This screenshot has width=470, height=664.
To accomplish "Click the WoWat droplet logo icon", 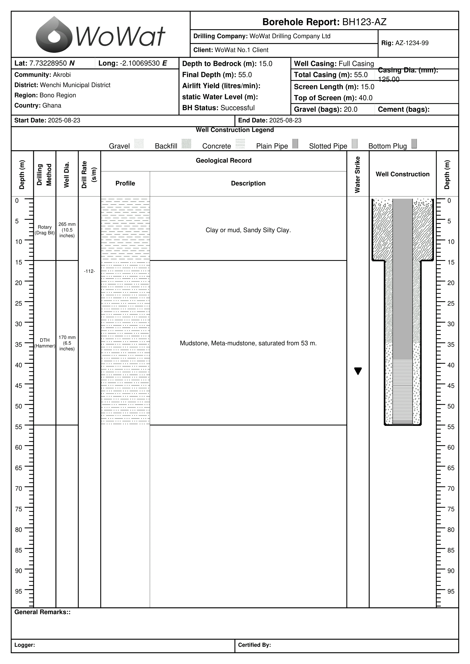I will tap(54, 35).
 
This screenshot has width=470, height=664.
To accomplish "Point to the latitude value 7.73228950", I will tap(48, 63).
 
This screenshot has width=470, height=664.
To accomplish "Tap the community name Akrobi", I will tap(62, 75).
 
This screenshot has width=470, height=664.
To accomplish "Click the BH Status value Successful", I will tap(237, 108).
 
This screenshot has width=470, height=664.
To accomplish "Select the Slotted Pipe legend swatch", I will tap(355, 143).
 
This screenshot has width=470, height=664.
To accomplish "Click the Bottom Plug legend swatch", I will tap(414, 143).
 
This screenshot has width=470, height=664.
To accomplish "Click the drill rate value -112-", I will tap(90, 271).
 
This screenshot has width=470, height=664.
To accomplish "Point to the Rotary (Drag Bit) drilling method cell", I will tap(45, 230).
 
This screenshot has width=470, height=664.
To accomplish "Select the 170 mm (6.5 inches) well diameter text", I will tap(67, 343).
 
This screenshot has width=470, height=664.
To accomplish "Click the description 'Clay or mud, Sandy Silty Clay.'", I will tap(248, 230).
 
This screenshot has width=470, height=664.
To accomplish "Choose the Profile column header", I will tap(125, 183).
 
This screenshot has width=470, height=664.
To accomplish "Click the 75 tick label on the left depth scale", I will tap(18, 509).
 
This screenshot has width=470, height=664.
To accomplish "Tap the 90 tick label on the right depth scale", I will tap(451, 571).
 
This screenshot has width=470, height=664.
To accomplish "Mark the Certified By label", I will tap(254, 645).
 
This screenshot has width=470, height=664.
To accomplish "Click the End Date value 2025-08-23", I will tap(285, 120).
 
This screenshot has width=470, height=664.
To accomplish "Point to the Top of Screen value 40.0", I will tap(365, 98).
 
